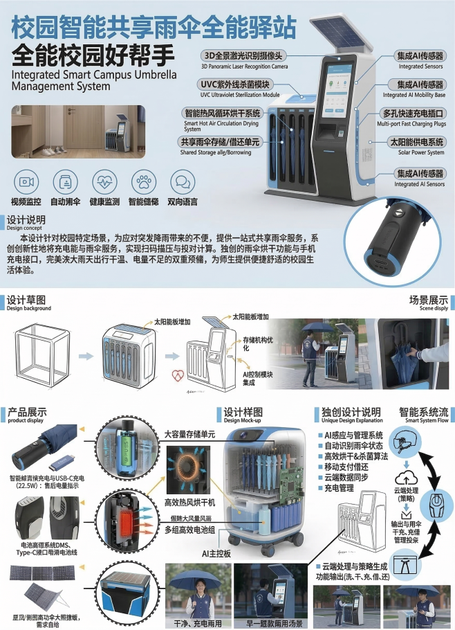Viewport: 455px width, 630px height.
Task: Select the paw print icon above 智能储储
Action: [x=143, y=181]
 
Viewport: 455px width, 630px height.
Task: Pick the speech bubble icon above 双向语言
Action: [x=182, y=181]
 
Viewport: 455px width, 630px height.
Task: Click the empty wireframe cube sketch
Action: [x=42, y=354]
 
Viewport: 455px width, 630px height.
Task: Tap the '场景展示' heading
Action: [x=428, y=301]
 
